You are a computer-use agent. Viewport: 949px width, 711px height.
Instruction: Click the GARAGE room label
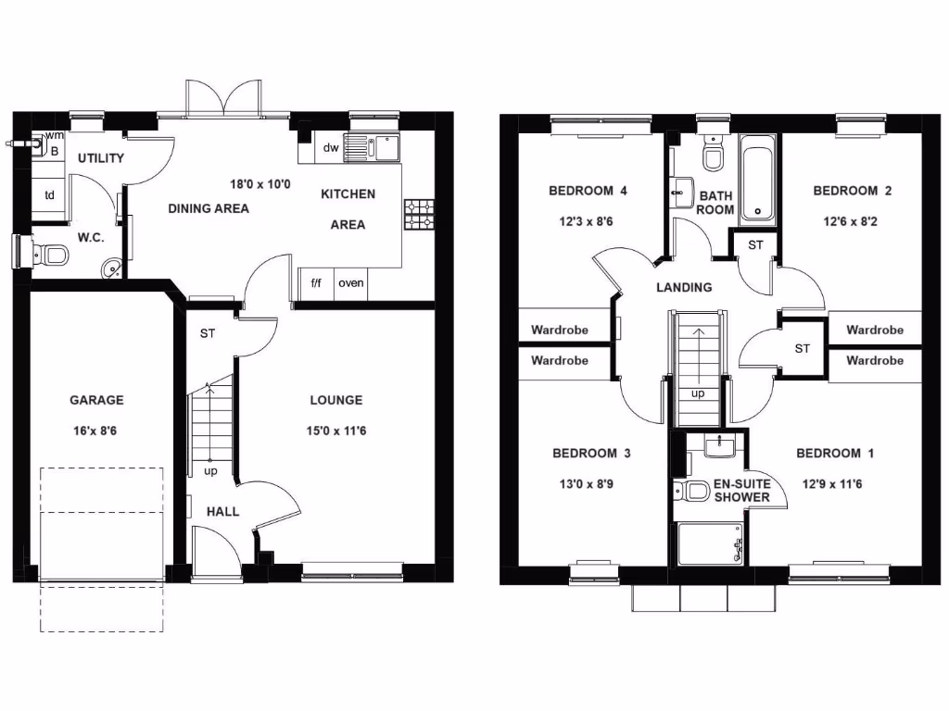pos(96,401)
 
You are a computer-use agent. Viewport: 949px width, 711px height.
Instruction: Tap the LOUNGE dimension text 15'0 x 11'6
pos(335,430)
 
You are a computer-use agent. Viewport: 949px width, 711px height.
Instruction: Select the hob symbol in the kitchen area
pos(419,214)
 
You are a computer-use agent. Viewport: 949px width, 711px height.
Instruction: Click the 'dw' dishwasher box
pos(331,147)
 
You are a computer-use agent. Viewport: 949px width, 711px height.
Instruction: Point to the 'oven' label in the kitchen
pos(350,283)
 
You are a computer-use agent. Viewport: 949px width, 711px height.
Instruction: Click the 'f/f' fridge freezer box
pos(316,283)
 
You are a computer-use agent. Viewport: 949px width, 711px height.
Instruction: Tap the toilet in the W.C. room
pos(49,252)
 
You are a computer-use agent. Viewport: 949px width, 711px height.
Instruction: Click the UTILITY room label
pos(100,158)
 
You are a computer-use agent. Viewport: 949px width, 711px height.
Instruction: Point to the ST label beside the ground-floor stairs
pos(207,333)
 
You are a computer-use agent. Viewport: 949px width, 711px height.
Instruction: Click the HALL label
pos(222,511)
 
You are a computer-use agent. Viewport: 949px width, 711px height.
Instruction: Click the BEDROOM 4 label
pos(588,191)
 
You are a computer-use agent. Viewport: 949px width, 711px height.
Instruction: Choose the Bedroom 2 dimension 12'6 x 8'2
pos(852,221)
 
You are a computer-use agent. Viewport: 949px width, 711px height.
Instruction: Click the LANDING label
pos(684,287)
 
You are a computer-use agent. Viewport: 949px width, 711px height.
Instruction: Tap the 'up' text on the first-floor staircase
pos(697,393)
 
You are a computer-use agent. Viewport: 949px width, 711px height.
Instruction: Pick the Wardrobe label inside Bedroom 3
pos(559,360)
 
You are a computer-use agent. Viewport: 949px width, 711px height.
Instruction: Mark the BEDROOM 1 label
pos(834,454)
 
